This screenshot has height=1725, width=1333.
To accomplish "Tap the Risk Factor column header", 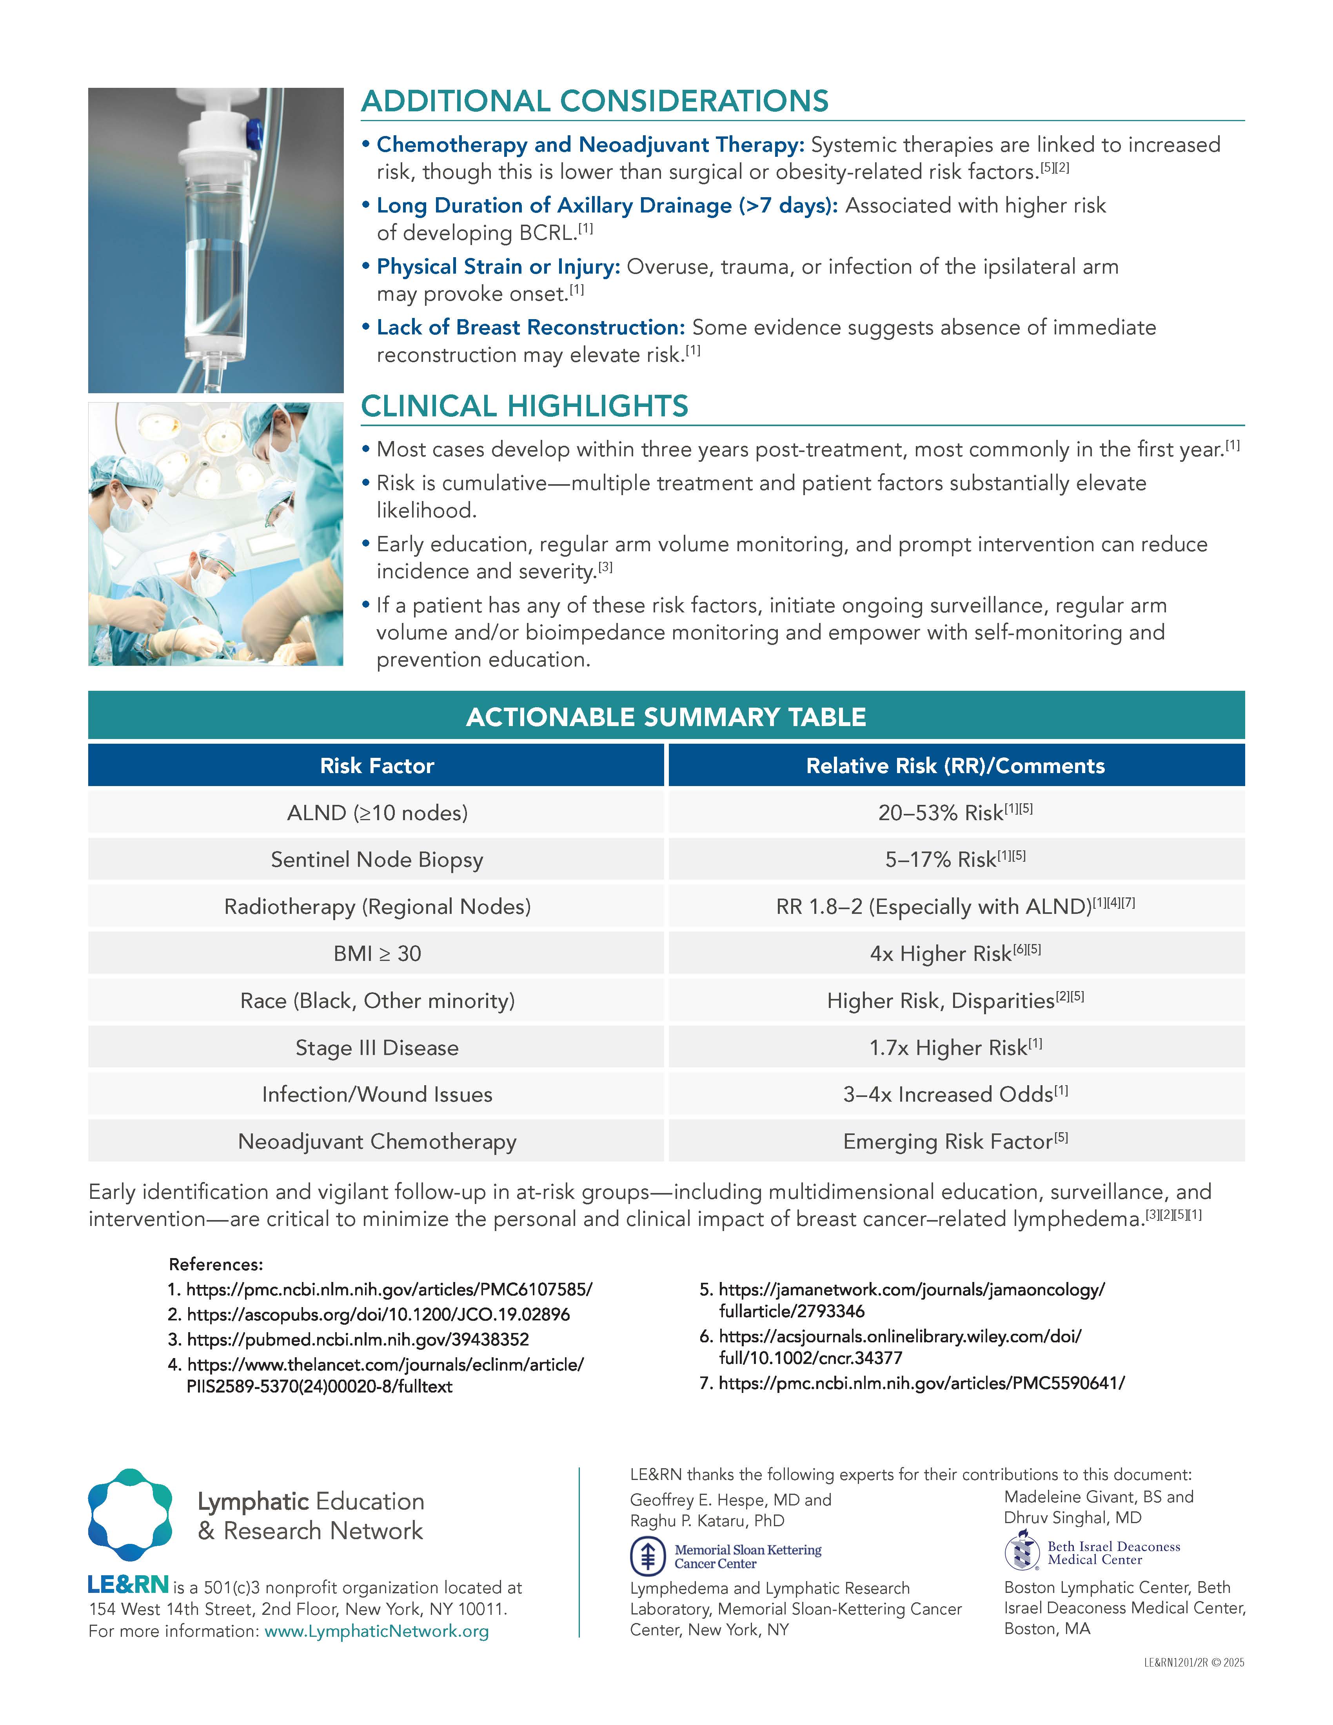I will pyautogui.click(x=377, y=765).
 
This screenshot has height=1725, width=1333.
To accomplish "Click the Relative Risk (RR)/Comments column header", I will pyautogui.click(x=955, y=765).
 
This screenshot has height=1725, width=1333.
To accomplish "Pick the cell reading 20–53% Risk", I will pyautogui.click(x=955, y=813).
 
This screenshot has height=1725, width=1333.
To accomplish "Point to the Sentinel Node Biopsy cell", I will pyautogui.click(x=377, y=859).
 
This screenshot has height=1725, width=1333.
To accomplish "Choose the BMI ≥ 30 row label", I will pyautogui.click(x=377, y=953).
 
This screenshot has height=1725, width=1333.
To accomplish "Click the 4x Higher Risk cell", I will pyautogui.click(x=955, y=953).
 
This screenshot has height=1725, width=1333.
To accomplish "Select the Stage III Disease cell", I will pyautogui.click(x=377, y=1047).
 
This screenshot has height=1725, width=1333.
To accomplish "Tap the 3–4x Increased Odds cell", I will pyautogui.click(x=955, y=1094).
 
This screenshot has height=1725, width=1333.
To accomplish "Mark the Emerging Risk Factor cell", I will pyautogui.click(x=955, y=1141).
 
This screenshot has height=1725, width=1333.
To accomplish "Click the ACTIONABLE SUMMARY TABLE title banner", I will pyautogui.click(x=666, y=716).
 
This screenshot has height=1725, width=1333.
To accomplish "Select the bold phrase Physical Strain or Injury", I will pyautogui.click(x=498, y=267).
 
